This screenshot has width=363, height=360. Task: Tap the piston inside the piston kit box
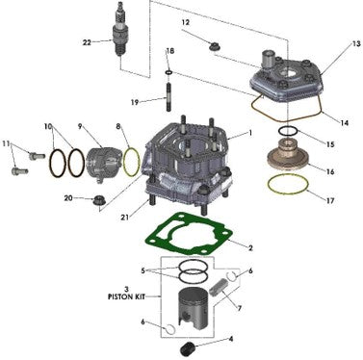pos(193,311)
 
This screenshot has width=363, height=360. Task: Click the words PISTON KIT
pos(126,296)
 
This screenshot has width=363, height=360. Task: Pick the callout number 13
pos(356,43)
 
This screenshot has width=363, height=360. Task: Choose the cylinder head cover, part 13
pos(285,77)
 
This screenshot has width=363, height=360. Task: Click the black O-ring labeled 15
pos(288,131)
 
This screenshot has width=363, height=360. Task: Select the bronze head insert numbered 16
pos(288,156)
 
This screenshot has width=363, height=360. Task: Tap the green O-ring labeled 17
pos(288,184)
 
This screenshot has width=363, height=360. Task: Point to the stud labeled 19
pos(169,97)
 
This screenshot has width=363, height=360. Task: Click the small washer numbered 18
pos(169,72)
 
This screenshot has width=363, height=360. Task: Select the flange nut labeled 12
pos(214,46)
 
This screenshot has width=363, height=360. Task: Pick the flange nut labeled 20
pos(96,201)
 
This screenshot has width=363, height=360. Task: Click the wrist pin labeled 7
pos(216,287)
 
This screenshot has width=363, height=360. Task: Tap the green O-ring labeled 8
pos(132,162)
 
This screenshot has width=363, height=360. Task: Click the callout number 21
pos(124,218)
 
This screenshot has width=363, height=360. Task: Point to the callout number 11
pos(6,143)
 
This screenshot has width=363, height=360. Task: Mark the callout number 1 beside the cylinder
pos(250,133)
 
